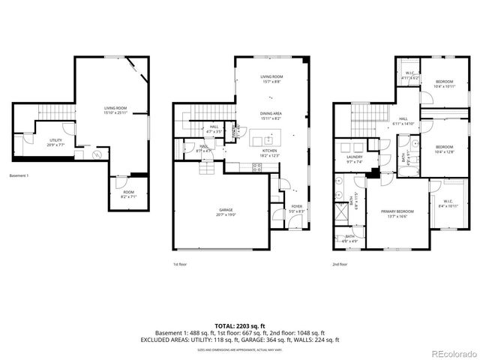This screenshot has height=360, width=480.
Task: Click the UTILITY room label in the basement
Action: [x=56, y=142]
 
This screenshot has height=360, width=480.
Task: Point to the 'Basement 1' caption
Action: [x=19, y=175]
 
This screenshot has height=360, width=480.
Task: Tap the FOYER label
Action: [x=296, y=209]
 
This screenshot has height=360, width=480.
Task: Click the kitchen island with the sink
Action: [x=265, y=139]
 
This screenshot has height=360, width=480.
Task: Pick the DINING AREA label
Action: [x=271, y=115]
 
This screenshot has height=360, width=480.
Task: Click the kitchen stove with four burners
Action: [x=257, y=167]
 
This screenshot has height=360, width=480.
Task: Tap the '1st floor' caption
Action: [x=180, y=264]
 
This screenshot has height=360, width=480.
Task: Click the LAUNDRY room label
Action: [x=354, y=159]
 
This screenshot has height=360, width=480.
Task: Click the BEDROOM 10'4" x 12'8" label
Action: [x=445, y=149]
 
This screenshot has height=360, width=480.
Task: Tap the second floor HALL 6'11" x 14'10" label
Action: [x=403, y=121]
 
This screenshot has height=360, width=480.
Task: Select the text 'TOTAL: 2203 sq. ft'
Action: [x=240, y=325]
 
